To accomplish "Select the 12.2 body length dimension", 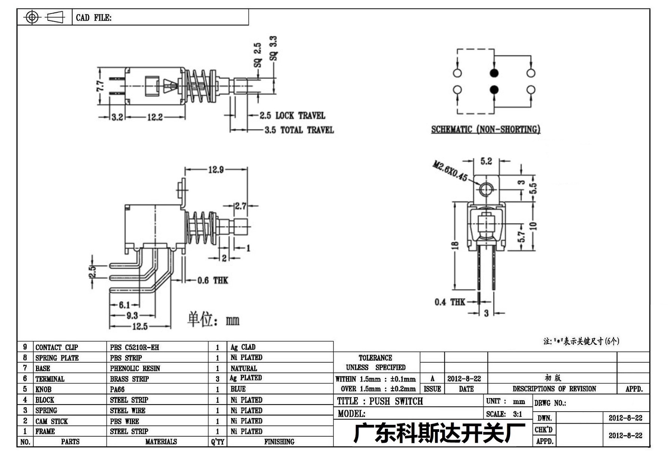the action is click(x=155, y=117).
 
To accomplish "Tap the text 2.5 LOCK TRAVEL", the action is click(x=292, y=115).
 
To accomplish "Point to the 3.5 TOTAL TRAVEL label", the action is click(x=299, y=130).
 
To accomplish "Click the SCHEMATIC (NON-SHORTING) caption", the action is click(x=486, y=129).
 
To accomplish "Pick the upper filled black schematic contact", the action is click(x=494, y=73).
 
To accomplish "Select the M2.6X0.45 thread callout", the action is click(x=450, y=171).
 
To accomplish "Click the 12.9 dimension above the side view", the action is click(x=216, y=170).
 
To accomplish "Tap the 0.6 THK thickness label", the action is click(x=212, y=280).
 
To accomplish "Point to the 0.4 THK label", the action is click(x=450, y=302).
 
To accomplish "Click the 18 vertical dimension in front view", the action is click(x=455, y=245).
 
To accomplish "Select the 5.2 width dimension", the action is click(x=486, y=161).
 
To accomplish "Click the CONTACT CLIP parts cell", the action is click(x=57, y=347).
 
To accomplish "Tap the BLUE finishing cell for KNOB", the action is click(x=238, y=389).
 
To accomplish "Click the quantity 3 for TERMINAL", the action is click(x=217, y=379).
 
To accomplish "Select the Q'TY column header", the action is click(x=217, y=442).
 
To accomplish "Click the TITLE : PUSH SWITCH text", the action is click(x=380, y=401).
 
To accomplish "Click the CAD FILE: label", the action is click(x=94, y=18).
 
